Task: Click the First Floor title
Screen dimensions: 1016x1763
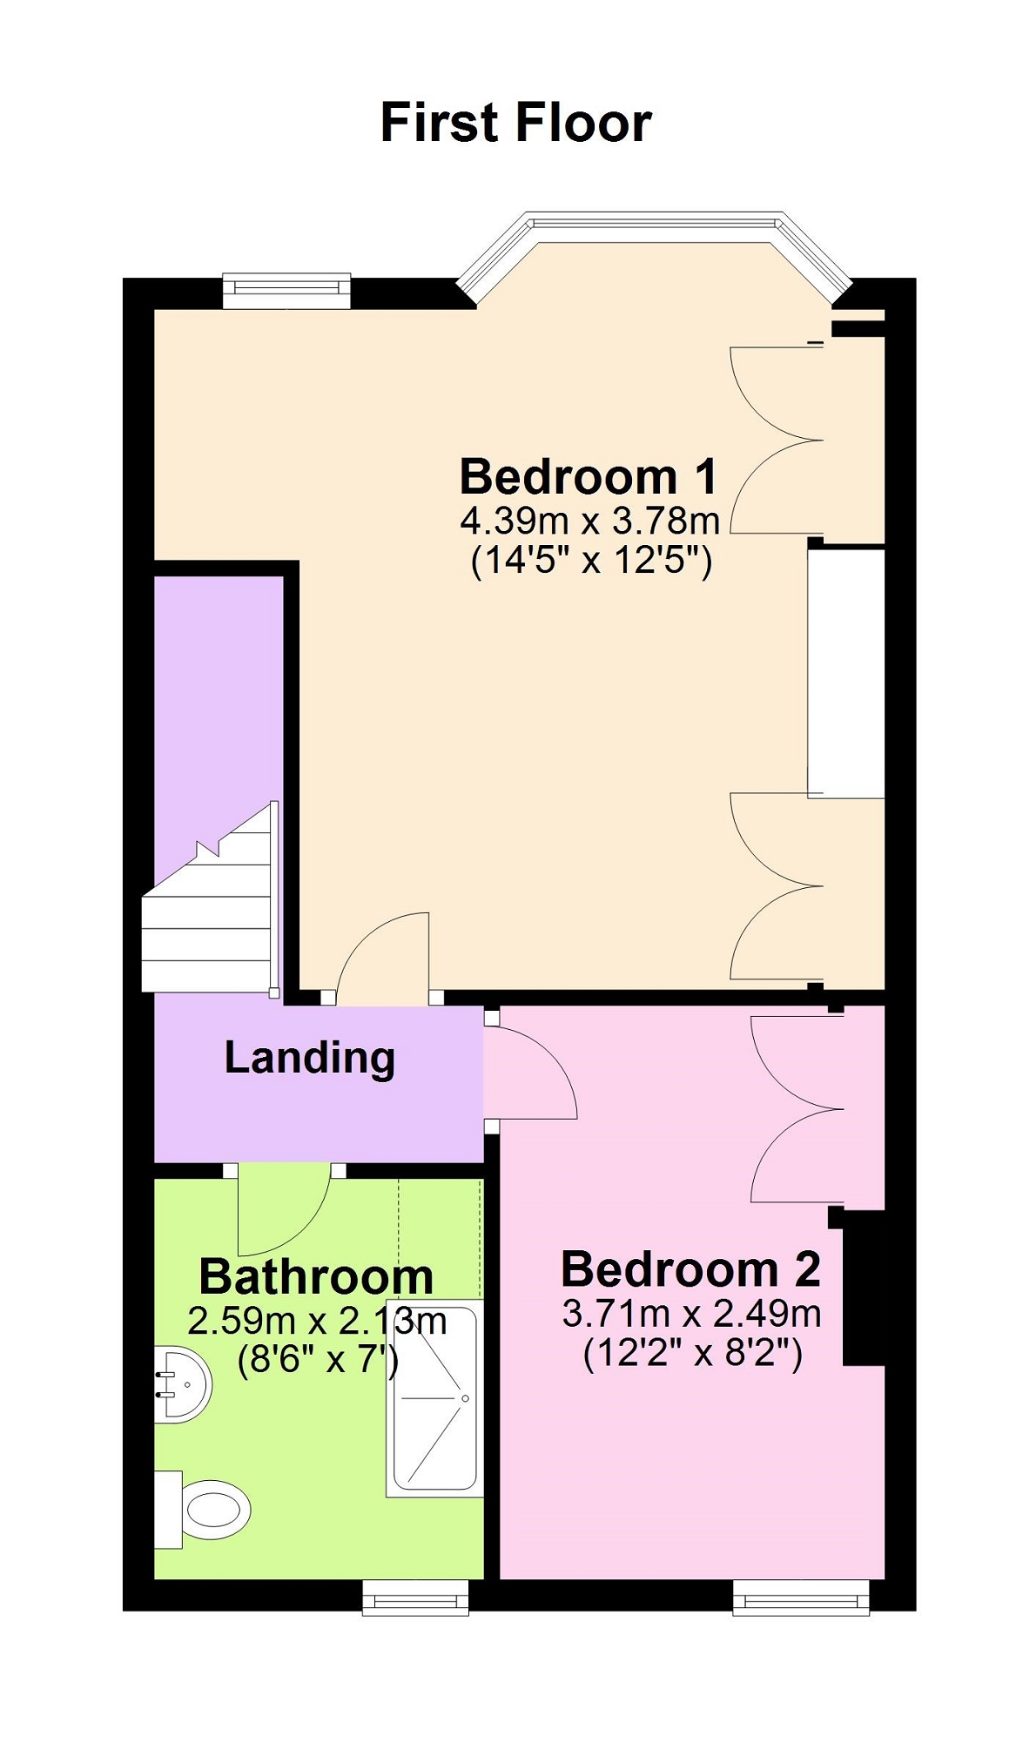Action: (x=515, y=122)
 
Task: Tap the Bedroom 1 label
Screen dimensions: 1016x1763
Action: (x=589, y=476)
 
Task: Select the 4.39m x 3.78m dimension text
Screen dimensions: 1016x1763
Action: (x=590, y=521)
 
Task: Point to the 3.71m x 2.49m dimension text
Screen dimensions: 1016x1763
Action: (x=691, y=1313)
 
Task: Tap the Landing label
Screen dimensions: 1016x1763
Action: (x=310, y=1058)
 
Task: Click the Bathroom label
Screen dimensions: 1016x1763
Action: (x=316, y=1276)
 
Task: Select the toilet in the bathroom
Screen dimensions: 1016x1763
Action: (x=203, y=1510)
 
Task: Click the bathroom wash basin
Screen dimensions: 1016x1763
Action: (x=183, y=1384)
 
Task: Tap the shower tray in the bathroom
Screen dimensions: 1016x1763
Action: (x=434, y=1399)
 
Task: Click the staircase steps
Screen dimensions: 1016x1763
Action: (x=210, y=901)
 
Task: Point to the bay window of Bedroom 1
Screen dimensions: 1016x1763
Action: (x=654, y=255)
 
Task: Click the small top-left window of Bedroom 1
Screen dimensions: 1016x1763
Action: (x=286, y=291)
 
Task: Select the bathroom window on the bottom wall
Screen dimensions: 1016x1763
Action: (x=415, y=1598)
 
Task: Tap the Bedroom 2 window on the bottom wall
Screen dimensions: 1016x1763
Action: (x=801, y=1598)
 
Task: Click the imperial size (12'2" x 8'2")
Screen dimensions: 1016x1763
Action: (x=692, y=1354)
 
